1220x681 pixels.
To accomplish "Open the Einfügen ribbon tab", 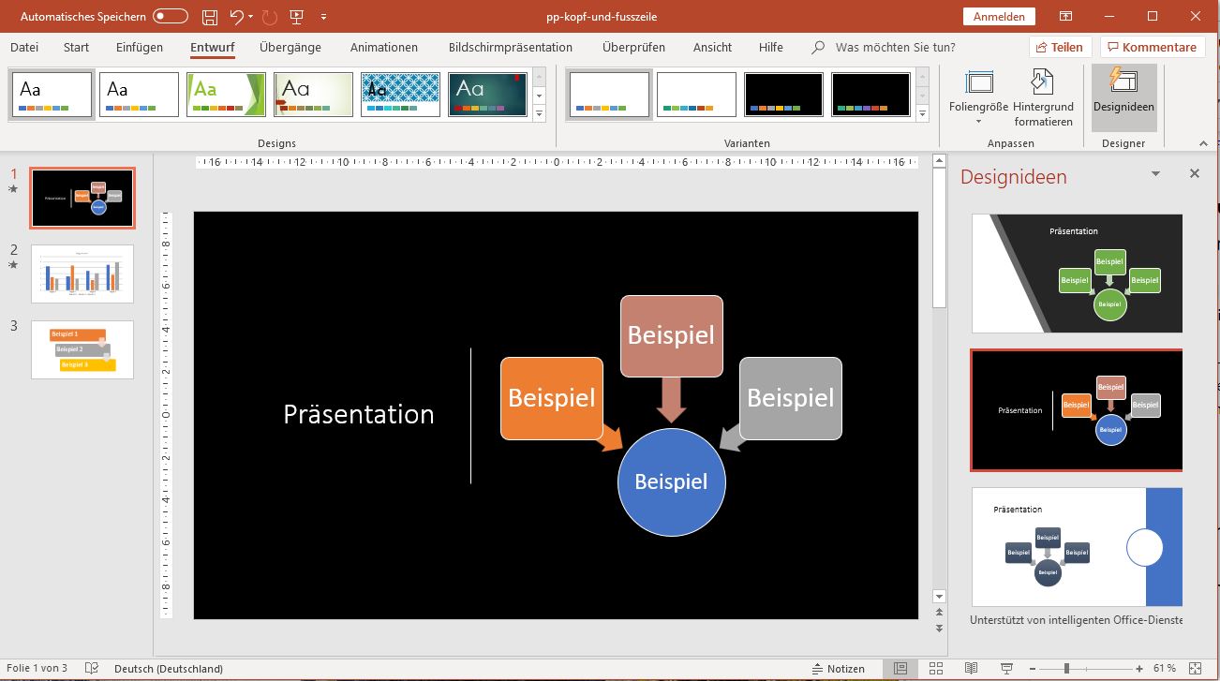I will pos(140,47).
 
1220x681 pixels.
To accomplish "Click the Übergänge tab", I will pos(290,47).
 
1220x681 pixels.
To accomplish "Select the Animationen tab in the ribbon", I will pos(384,47).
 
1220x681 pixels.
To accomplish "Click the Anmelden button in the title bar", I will pos(999,16).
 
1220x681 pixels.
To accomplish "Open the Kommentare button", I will pos(1152,47).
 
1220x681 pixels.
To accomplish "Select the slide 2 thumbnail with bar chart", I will pos(82,274).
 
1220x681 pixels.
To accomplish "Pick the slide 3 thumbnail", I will pos(82,349).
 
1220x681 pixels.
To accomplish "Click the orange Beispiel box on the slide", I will pos(551,397).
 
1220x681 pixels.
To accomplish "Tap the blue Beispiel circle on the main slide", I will pos(671,481).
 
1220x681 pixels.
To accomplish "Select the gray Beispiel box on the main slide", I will pos(790,398).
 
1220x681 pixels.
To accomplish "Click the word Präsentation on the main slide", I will pos(359,414).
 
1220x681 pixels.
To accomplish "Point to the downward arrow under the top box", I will pos(671,399).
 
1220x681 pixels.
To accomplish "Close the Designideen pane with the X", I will pos(1195,173).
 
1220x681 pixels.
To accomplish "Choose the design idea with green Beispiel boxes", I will pos(1077,274).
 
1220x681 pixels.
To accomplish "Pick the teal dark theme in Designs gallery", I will pos(488,95).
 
